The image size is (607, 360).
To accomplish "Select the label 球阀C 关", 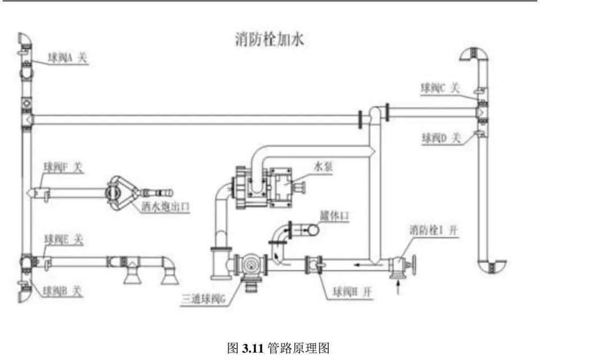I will pos(441,88).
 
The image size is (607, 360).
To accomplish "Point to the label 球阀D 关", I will pos(442,137).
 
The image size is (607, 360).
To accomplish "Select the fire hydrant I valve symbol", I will pos(401,263).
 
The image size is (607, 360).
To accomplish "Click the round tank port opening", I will pos(311,229).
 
